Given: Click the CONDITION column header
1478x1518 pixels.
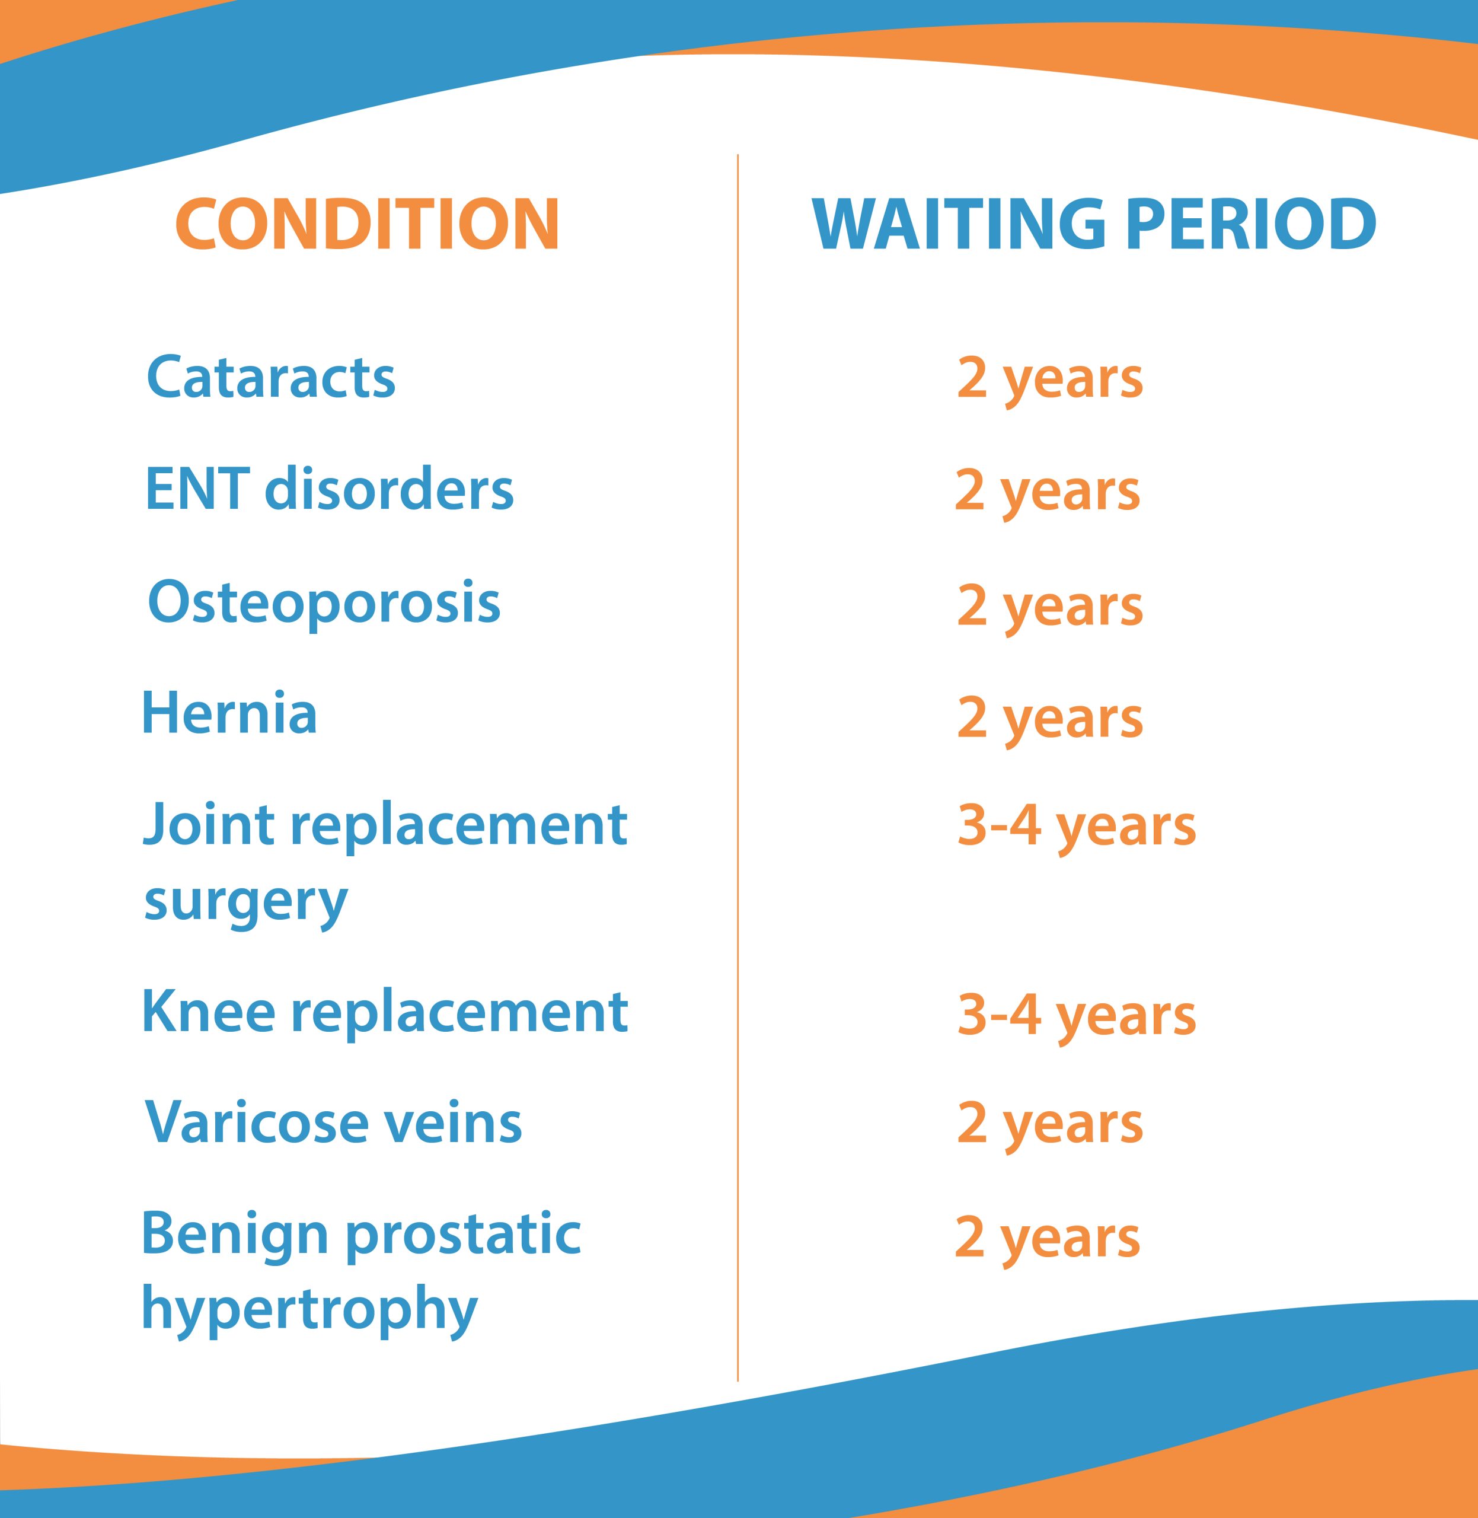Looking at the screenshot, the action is click(x=367, y=224).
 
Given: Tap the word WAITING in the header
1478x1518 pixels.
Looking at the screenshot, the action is click(x=959, y=224).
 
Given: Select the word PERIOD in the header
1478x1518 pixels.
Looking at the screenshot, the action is click(x=1250, y=224).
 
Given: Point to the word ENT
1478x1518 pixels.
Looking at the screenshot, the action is click(x=197, y=489).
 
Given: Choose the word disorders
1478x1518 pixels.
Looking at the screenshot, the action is click(x=389, y=489).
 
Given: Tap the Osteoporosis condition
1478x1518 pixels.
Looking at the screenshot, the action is click(x=324, y=603).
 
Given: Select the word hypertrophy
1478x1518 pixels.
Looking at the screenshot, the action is click(x=309, y=1310).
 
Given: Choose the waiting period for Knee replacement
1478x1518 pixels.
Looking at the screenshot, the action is click(x=1077, y=1016).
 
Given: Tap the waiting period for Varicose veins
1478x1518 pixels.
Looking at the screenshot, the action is click(x=1049, y=1126).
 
